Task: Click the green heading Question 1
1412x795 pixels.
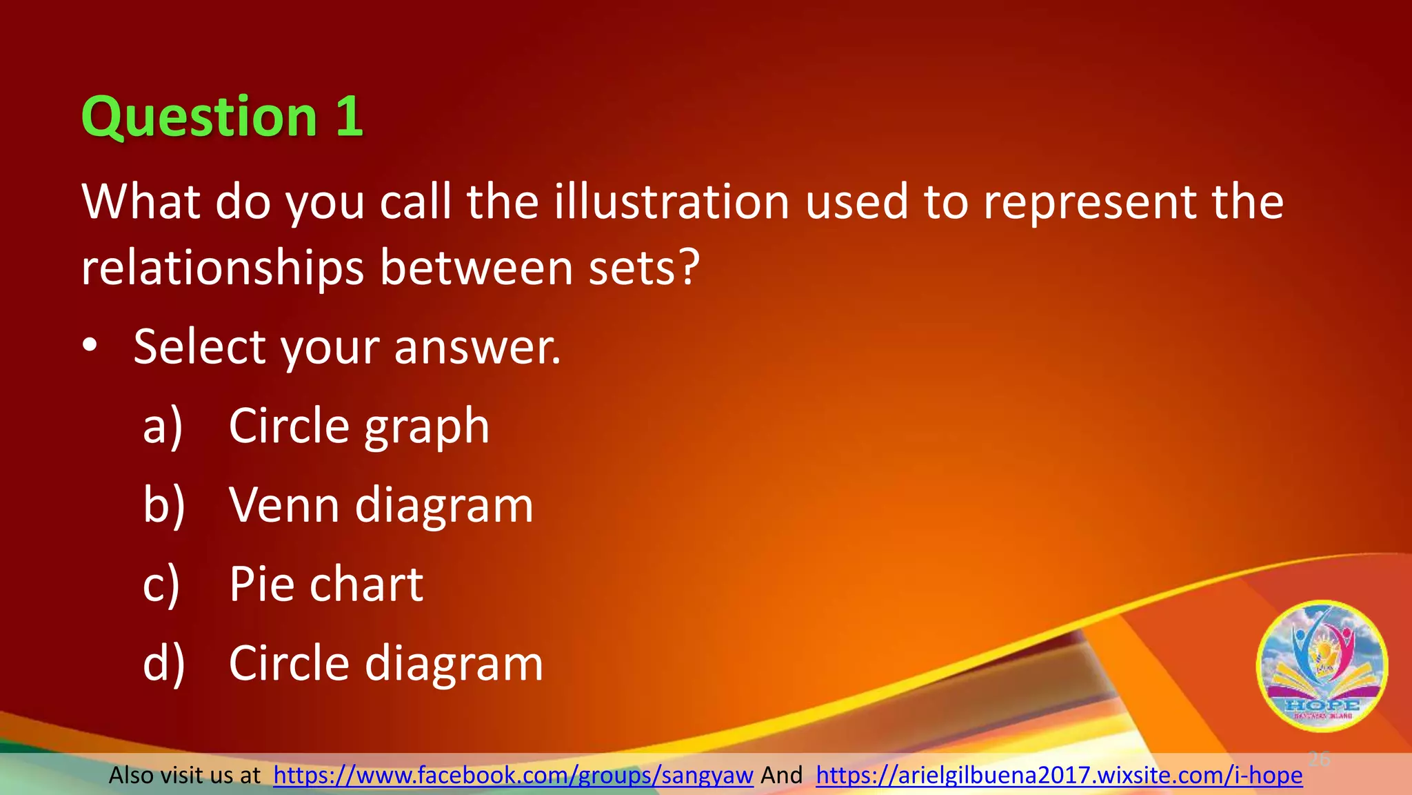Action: pos(221,117)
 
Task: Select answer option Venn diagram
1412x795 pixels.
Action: pos(381,506)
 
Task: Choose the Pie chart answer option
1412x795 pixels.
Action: pos(325,585)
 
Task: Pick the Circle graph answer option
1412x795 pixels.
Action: pos(359,426)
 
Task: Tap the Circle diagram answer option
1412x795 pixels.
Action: pos(385,664)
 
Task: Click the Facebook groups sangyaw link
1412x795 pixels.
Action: pos(513,776)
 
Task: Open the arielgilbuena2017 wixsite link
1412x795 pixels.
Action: pos(1059,776)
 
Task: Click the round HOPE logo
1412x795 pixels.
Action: pos(1322,666)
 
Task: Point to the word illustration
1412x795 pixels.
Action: pos(671,202)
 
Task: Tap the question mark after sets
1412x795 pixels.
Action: pos(687,268)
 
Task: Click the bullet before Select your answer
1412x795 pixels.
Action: pos(90,347)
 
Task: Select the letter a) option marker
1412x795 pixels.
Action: pos(163,426)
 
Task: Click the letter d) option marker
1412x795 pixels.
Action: pos(163,664)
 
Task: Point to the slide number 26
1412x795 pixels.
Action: pos(1319,759)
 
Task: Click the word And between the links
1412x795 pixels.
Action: pos(781,776)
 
